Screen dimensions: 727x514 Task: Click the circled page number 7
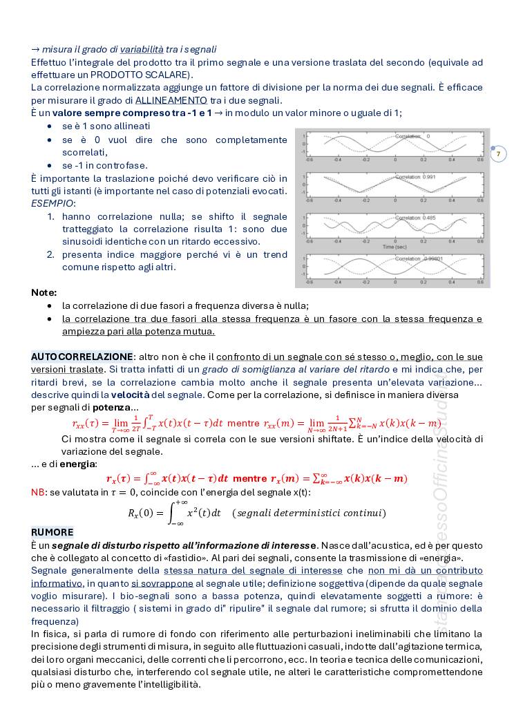pyautogui.click(x=498, y=153)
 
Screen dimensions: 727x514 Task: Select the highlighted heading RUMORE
pyautogui.click(x=52, y=532)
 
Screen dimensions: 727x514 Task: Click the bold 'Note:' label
pyautogui.click(x=44, y=292)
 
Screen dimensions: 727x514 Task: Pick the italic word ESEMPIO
pyautogui.click(x=53, y=204)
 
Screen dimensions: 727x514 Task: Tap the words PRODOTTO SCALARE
pyautogui.click(x=142, y=75)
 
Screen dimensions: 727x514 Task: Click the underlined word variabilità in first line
pyautogui.click(x=142, y=49)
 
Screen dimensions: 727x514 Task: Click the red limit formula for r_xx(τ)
pyautogui.click(x=148, y=424)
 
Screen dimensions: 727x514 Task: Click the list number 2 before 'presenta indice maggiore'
pyautogui.click(x=51, y=254)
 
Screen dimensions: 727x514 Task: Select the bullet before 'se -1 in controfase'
pyautogui.click(x=49, y=166)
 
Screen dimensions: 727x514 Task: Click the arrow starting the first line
pyautogui.click(x=35, y=49)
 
